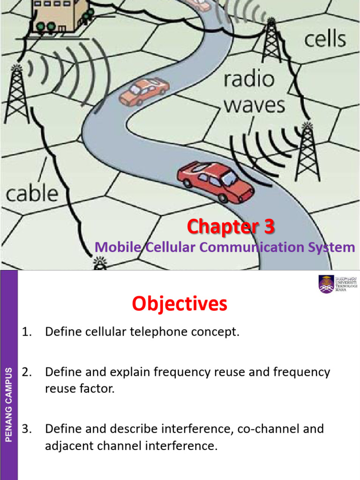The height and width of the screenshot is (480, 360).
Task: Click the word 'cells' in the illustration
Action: point(325,39)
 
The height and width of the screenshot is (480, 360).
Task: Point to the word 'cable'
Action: point(31,193)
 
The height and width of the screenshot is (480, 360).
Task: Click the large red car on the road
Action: point(216,181)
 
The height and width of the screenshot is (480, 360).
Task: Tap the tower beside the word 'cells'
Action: point(272,43)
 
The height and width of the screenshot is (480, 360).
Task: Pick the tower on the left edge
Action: point(16,94)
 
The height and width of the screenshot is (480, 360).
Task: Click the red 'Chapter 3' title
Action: point(231,227)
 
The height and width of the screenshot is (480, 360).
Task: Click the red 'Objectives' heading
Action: point(180,304)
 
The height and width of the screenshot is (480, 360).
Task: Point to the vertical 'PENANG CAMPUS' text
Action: point(8,405)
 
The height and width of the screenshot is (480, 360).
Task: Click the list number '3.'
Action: point(27,429)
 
